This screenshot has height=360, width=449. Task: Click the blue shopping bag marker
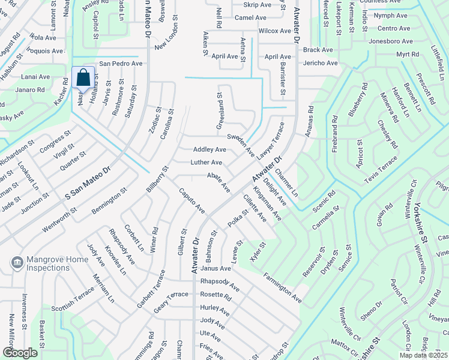[x=83, y=78]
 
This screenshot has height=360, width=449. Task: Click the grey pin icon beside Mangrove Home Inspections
[x=17, y=263]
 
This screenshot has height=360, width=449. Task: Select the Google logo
[x=19, y=353]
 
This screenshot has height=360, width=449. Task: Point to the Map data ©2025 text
[x=423, y=355]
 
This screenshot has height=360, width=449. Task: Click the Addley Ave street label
[x=209, y=149]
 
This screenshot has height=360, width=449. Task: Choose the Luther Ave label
[x=206, y=163]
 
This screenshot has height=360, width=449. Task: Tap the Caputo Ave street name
[x=192, y=201]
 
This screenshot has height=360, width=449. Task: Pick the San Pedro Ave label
[x=121, y=63]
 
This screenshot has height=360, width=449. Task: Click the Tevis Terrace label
[x=381, y=170]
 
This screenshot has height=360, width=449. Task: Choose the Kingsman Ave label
[x=267, y=204]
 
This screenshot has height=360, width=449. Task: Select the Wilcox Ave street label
[x=274, y=31]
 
